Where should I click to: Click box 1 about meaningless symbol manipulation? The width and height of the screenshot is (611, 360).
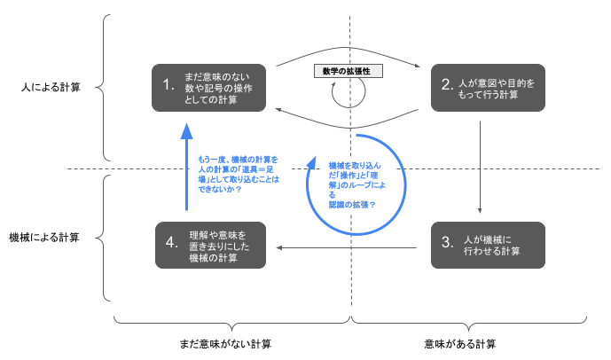pyautogui.click(x=209, y=88)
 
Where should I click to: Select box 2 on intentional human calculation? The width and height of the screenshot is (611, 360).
pyautogui.click(x=488, y=88)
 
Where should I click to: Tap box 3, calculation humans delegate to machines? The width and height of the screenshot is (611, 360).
pyautogui.click(x=488, y=245)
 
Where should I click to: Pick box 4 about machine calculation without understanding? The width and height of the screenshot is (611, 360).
pyautogui.click(x=210, y=245)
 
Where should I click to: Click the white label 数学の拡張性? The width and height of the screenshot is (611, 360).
pyautogui.click(x=349, y=71)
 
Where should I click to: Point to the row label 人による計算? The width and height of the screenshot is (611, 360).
pyautogui.click(x=51, y=87)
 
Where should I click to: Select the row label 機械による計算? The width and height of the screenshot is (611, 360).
pyautogui.click(x=44, y=238)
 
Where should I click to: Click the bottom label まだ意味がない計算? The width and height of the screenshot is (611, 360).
pyautogui.click(x=225, y=344)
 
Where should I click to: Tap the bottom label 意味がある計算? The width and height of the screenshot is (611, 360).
pyautogui.click(x=460, y=344)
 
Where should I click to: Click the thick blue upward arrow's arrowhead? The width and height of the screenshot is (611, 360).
pyautogui.click(x=186, y=132)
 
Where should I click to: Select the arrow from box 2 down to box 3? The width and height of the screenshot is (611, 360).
pyautogui.click(x=480, y=167)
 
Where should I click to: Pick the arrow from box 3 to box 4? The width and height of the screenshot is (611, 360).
pyautogui.click(x=347, y=247)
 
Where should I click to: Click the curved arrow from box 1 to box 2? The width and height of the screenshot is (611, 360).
pyautogui.click(x=348, y=48)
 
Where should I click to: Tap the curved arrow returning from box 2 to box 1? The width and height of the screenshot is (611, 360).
pyautogui.click(x=348, y=128)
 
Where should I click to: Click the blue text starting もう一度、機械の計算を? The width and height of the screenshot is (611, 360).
pyautogui.click(x=239, y=174)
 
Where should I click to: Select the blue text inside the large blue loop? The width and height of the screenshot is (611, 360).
pyautogui.click(x=357, y=185)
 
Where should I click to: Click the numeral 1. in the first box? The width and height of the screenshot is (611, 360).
pyautogui.click(x=168, y=84)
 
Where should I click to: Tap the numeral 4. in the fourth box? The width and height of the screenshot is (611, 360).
pyautogui.click(x=171, y=242)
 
